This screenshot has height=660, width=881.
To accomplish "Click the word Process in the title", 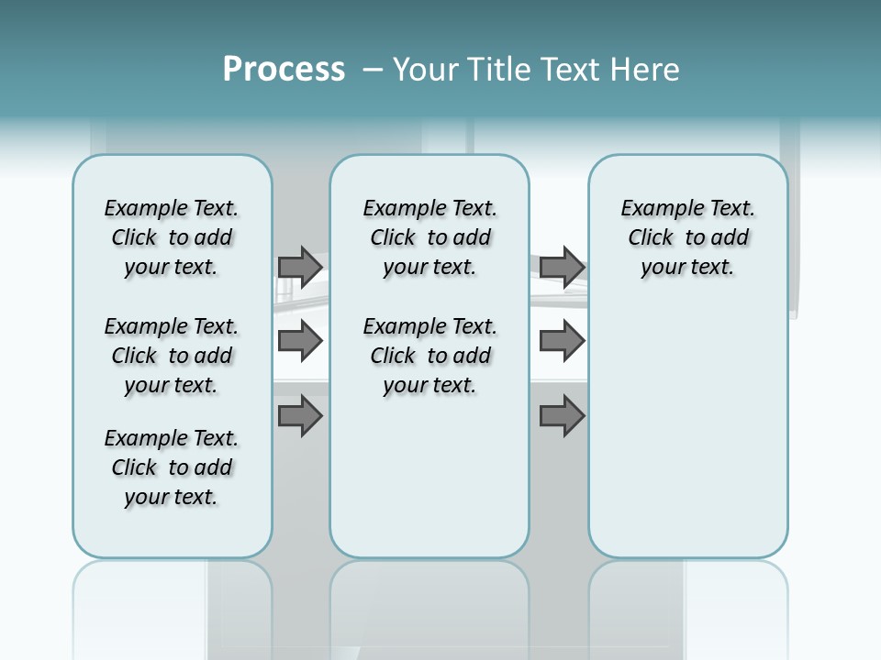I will tap(284, 69).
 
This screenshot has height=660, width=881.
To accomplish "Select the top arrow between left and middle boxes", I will tap(299, 267).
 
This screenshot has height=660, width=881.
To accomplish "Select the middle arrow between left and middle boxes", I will tap(299, 341).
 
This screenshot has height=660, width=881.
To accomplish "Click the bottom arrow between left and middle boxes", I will tap(299, 416).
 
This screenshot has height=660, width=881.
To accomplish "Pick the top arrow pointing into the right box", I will tap(562, 267).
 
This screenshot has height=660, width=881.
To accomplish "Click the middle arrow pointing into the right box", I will tap(562, 341).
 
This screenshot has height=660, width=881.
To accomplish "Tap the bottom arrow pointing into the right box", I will tap(562, 416).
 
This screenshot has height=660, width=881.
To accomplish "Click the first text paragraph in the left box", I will tap(172, 237).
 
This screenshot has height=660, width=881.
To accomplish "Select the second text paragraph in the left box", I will tap(172, 356).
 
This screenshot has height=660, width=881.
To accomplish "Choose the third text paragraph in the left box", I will tap(172, 467).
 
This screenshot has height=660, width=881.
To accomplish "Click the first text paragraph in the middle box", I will tap(430, 237).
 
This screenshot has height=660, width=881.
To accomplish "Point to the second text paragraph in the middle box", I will tap(430, 356).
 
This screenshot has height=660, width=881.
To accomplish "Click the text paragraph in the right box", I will tap(688, 237).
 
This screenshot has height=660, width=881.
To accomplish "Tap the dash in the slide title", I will tap(373, 70).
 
